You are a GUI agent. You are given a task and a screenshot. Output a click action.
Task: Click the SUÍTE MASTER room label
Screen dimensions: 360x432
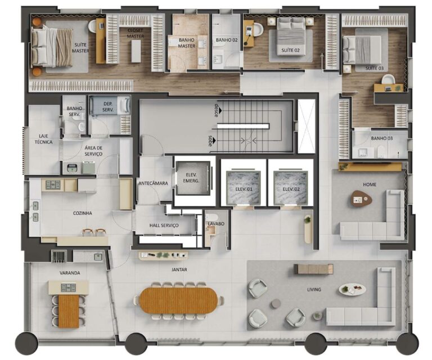click(x=80, y=47)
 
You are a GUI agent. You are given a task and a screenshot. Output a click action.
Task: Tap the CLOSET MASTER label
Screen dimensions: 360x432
click(x=136, y=33)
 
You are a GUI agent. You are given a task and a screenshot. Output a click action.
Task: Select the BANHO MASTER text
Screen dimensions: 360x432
click(x=187, y=43)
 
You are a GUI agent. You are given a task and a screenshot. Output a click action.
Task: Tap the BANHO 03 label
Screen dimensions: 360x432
click(x=381, y=138)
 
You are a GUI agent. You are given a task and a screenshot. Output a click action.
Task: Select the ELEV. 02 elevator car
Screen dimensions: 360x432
click(x=289, y=188)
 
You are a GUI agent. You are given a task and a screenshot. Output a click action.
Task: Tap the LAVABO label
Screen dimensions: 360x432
click(x=216, y=224)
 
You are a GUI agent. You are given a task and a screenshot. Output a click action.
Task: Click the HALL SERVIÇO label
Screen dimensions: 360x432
click(x=164, y=225)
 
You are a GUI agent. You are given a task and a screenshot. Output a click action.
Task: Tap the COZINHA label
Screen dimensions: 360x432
click(x=82, y=213)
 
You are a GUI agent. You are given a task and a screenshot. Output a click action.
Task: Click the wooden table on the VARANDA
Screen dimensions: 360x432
click(x=68, y=311)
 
